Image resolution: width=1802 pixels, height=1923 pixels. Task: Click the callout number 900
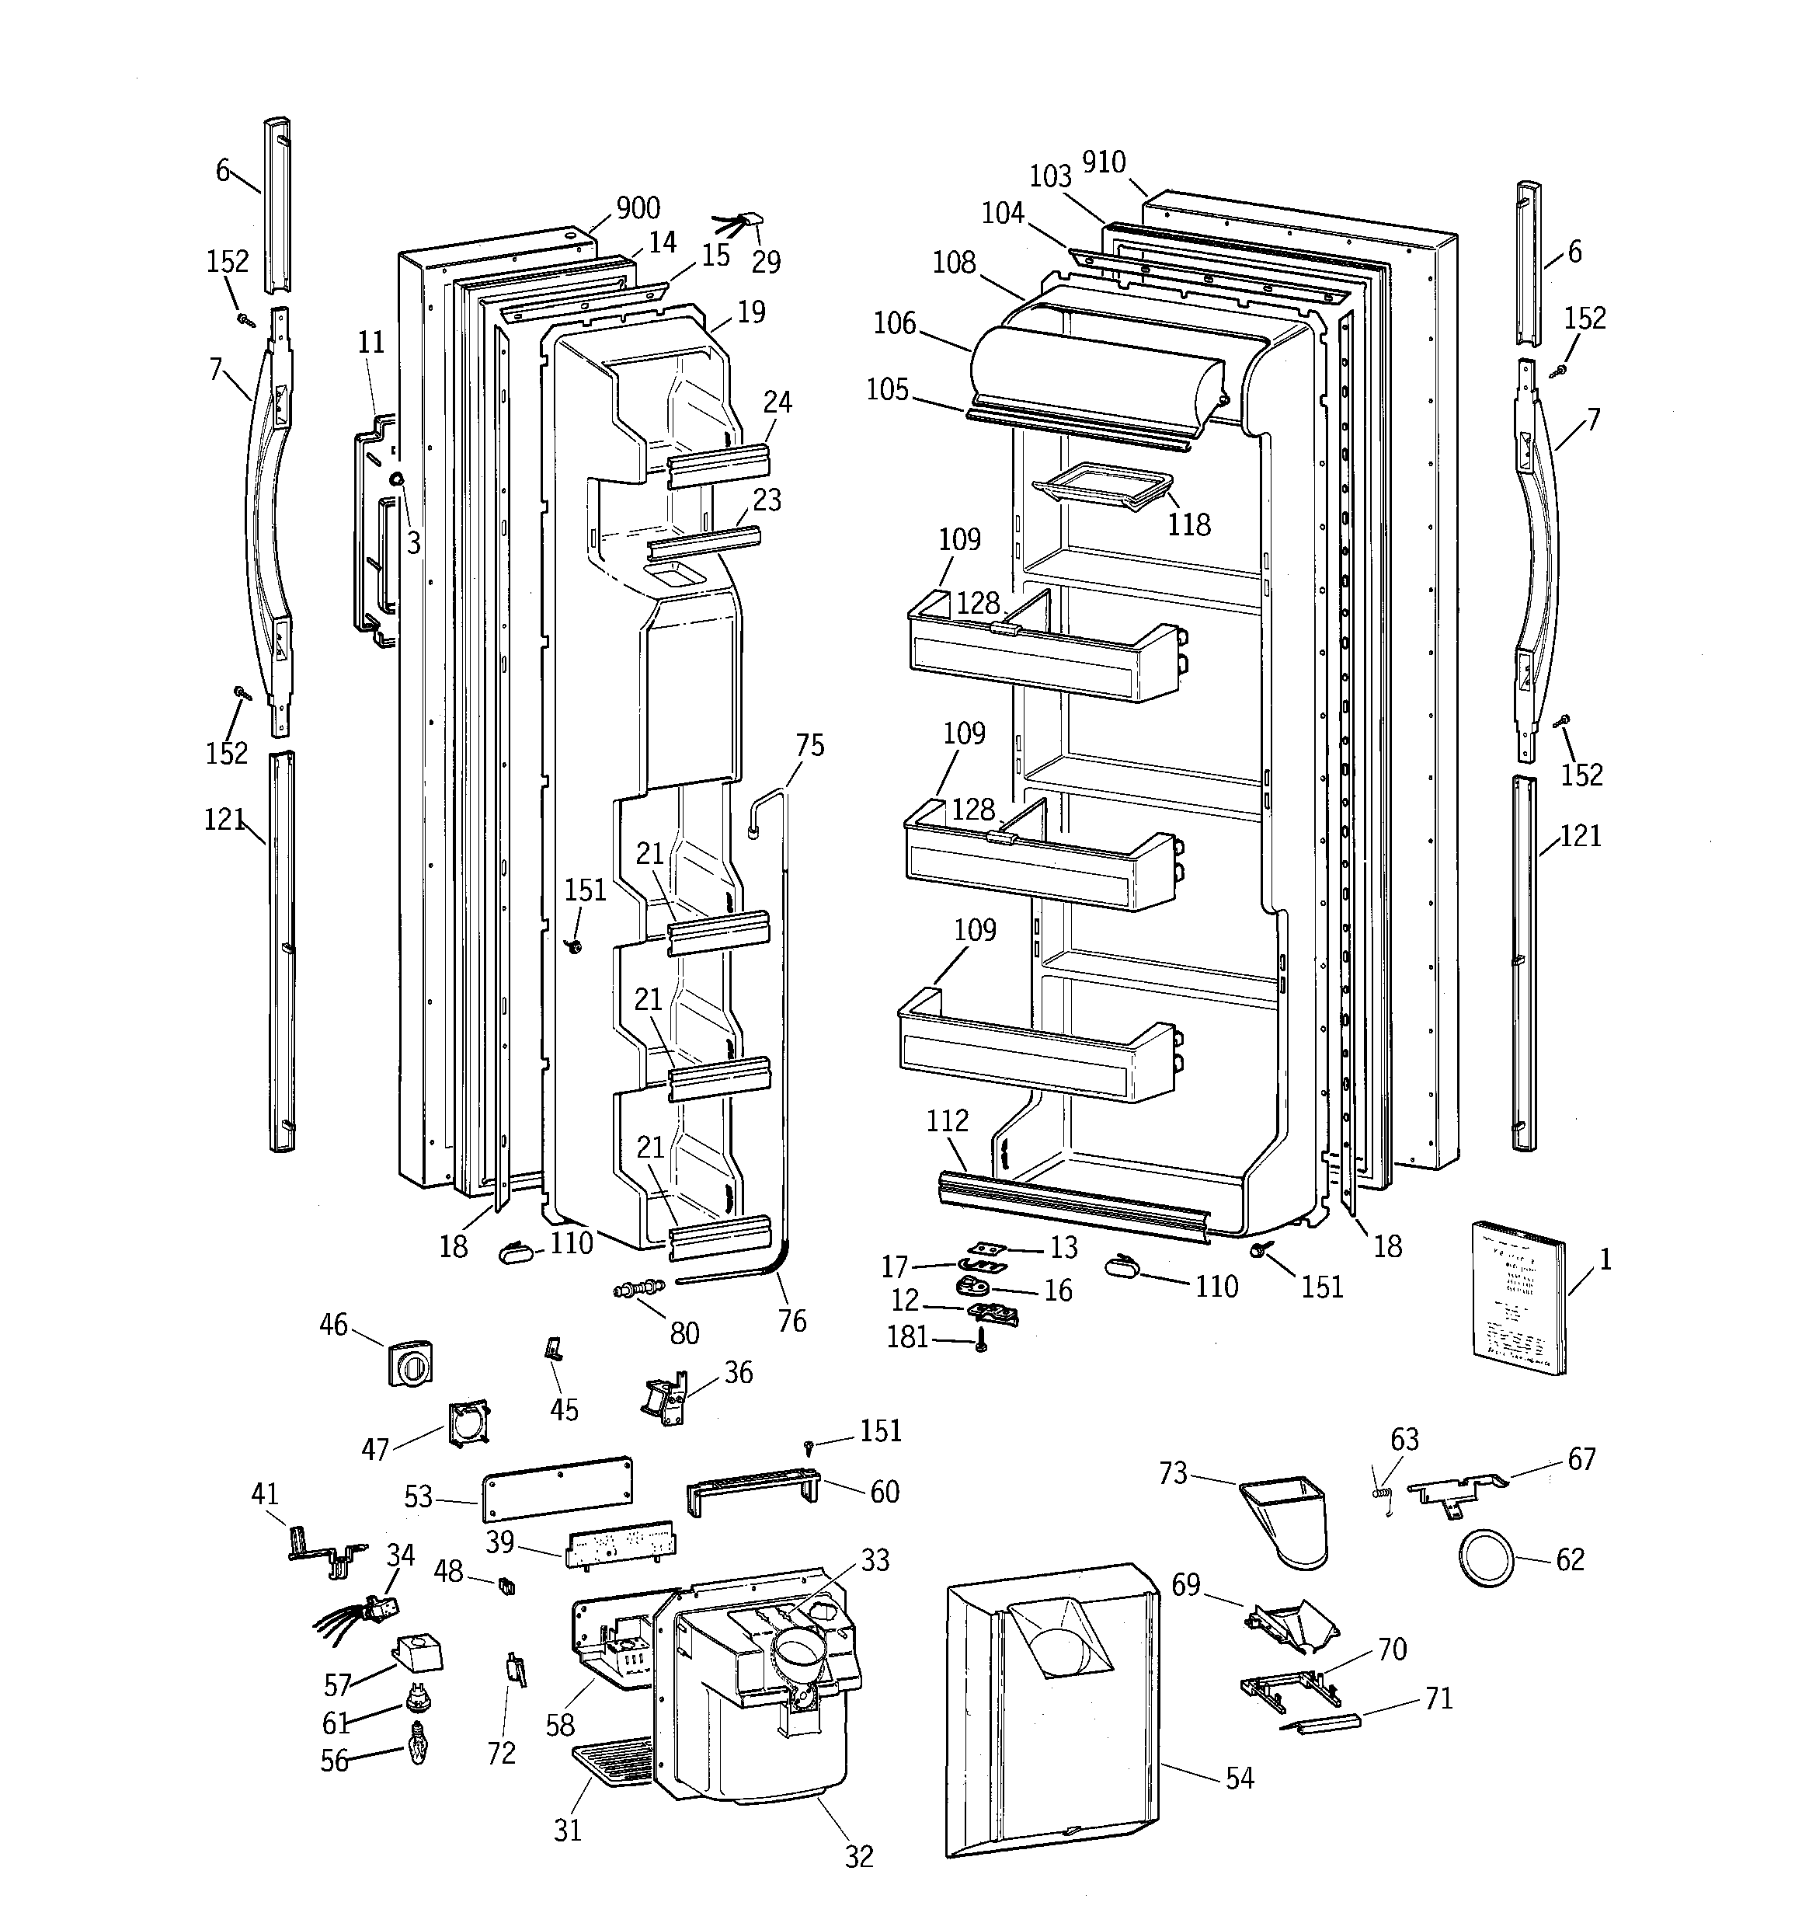[638, 208]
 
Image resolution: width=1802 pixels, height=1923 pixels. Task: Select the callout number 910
[1104, 162]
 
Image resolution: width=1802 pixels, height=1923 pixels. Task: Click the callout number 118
[1188, 524]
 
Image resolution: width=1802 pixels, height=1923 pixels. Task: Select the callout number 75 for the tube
[809, 745]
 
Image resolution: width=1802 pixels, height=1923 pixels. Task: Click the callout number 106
[894, 323]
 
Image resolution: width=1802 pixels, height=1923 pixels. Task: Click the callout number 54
[1239, 1778]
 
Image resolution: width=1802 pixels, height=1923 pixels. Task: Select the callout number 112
[947, 1120]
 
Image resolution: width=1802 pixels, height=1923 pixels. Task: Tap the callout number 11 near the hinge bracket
[371, 343]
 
